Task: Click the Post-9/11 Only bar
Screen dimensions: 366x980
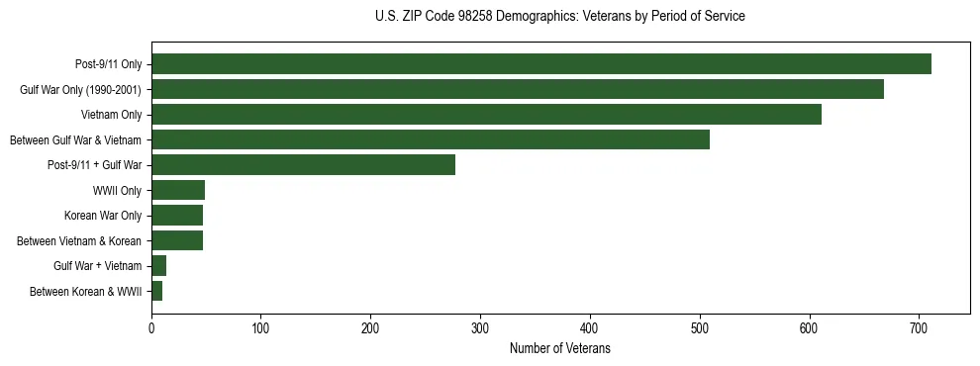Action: click(541, 64)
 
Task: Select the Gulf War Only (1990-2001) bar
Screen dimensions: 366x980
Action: click(518, 89)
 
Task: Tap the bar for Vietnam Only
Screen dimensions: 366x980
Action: click(486, 115)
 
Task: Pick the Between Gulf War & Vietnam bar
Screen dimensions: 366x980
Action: click(431, 139)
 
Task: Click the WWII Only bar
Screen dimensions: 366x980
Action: click(178, 190)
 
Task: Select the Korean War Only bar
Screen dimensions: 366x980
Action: click(177, 216)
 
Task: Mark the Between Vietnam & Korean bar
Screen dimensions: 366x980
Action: click(177, 240)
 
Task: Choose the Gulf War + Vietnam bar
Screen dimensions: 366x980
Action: click(158, 266)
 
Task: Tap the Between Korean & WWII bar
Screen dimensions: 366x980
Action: click(156, 291)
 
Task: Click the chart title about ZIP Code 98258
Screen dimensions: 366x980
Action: click(560, 17)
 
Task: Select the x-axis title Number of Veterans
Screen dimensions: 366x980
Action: click(560, 349)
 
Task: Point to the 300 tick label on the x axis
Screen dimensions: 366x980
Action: click(480, 327)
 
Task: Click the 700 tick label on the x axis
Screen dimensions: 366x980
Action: click(919, 327)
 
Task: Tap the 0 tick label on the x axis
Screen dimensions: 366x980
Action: click(151, 327)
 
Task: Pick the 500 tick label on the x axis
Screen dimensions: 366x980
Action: click(700, 327)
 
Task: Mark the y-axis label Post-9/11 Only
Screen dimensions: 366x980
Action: click(108, 64)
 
